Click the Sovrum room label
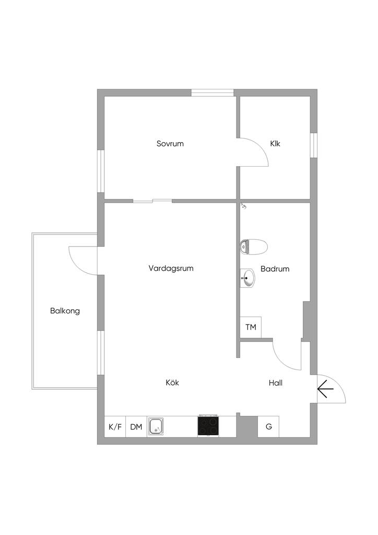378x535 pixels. coord(170,143)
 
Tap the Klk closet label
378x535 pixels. coord(275,143)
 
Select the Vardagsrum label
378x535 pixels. coord(171,269)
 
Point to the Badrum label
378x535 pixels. coord(275,269)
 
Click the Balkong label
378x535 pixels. coord(65,311)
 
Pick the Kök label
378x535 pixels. coord(172,382)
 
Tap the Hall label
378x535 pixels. coord(276,383)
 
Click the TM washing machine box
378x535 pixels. coord(251,328)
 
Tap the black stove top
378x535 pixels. coord(208,426)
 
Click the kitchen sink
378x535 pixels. coord(156,426)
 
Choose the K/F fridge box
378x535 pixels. coord(115,427)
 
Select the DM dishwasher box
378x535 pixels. coord(136,427)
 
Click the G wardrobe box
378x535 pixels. coord(269,427)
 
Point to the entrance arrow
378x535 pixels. coord(325,389)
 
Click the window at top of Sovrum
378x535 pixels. coord(212,93)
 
